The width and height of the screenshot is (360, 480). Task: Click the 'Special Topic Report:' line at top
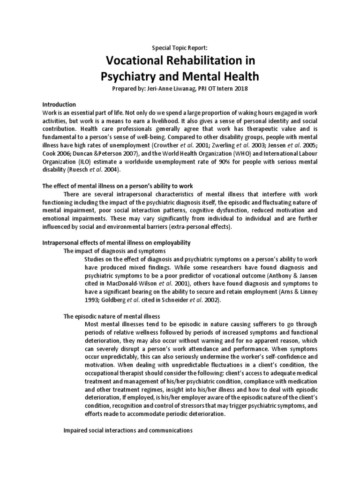[x=180, y=48]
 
